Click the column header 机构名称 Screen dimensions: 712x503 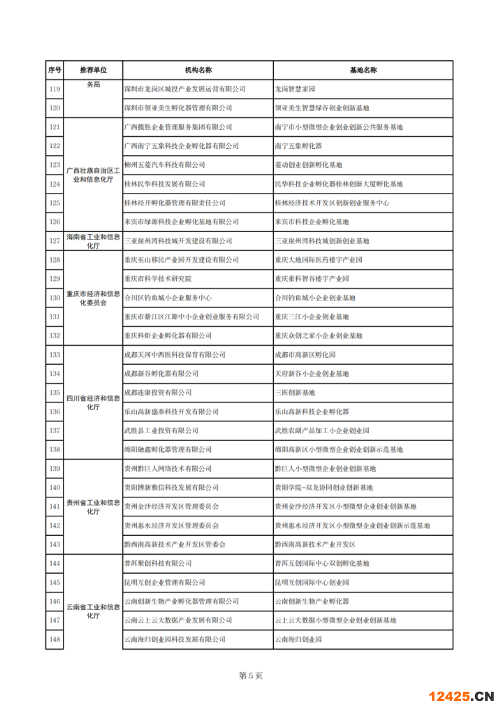point(198,71)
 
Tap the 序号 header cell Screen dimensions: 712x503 point(54,71)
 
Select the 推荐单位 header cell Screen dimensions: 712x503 point(93,71)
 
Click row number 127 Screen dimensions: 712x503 point(54,241)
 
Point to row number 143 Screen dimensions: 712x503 point(54,544)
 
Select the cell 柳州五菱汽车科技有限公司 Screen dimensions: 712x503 point(165,165)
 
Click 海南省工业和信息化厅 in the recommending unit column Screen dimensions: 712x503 point(93,241)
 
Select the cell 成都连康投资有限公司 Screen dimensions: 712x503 point(158,393)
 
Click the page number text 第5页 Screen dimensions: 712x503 point(251,676)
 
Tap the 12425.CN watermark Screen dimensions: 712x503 point(460,696)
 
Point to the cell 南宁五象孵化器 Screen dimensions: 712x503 point(299,146)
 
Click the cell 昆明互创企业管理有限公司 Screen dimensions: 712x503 point(165,582)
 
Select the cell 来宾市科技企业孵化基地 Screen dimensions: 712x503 point(312,222)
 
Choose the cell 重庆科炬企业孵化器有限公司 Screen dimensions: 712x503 point(168,335)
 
